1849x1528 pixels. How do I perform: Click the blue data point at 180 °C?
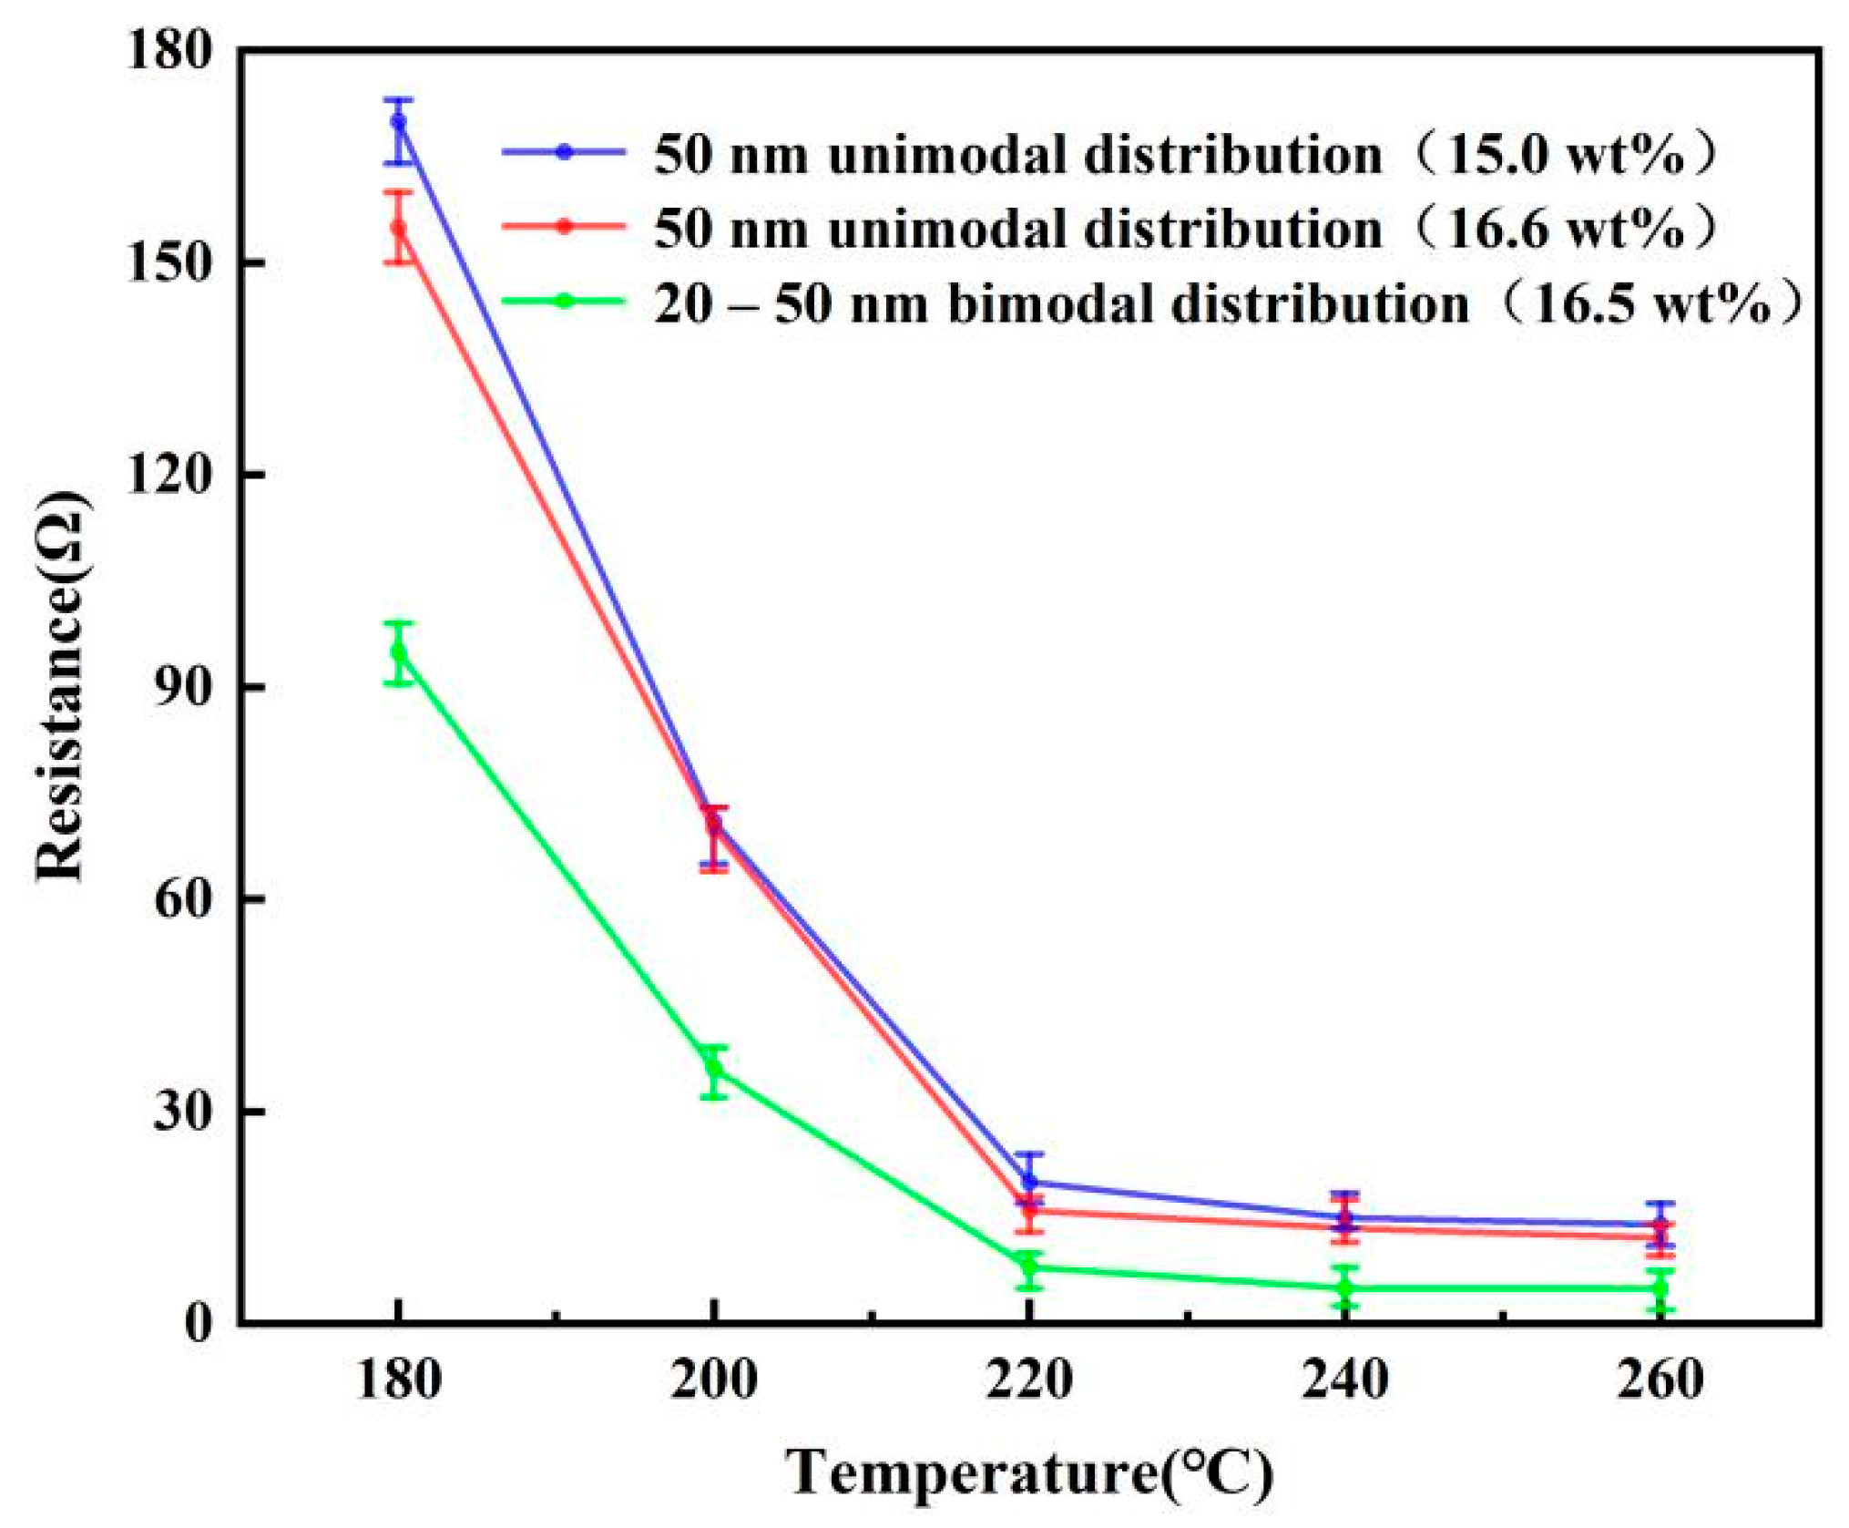tap(398, 122)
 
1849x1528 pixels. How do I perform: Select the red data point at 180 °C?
tap(398, 228)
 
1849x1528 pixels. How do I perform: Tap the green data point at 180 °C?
tap(398, 652)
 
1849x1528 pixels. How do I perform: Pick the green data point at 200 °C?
tap(714, 1067)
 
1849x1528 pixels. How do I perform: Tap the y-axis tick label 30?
tap(186, 1112)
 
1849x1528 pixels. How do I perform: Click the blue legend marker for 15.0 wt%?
tap(565, 152)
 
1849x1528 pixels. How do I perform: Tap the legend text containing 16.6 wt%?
tap(1184, 228)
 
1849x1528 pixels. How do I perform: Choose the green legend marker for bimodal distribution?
tap(565, 301)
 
